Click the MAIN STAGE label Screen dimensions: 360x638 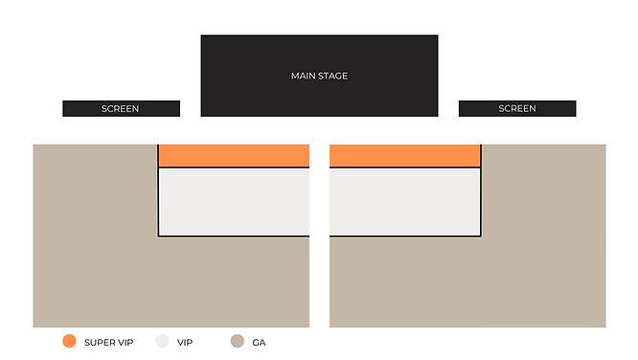pyautogui.click(x=319, y=76)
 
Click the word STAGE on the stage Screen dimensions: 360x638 pyautogui.click(x=332, y=76)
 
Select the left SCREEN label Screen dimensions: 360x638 pyautogui.click(x=121, y=109)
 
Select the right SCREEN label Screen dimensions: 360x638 pyautogui.click(x=517, y=109)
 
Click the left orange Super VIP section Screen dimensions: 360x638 pyautogui.click(x=234, y=156)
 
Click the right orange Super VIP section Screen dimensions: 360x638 pyautogui.click(x=404, y=156)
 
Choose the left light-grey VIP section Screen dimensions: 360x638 pyautogui.click(x=234, y=202)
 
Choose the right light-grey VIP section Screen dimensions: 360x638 pyautogui.click(x=404, y=202)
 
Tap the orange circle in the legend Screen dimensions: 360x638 pyautogui.click(x=69, y=341)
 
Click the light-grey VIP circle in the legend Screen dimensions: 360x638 pyautogui.click(x=162, y=341)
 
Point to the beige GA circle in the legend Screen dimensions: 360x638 pyautogui.click(x=237, y=341)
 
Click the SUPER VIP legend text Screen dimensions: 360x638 pyautogui.click(x=108, y=342)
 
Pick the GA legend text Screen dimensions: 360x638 pyautogui.click(x=259, y=342)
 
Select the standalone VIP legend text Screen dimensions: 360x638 pyautogui.click(x=185, y=342)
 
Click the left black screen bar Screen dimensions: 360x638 pyautogui.click(x=77, y=109)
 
